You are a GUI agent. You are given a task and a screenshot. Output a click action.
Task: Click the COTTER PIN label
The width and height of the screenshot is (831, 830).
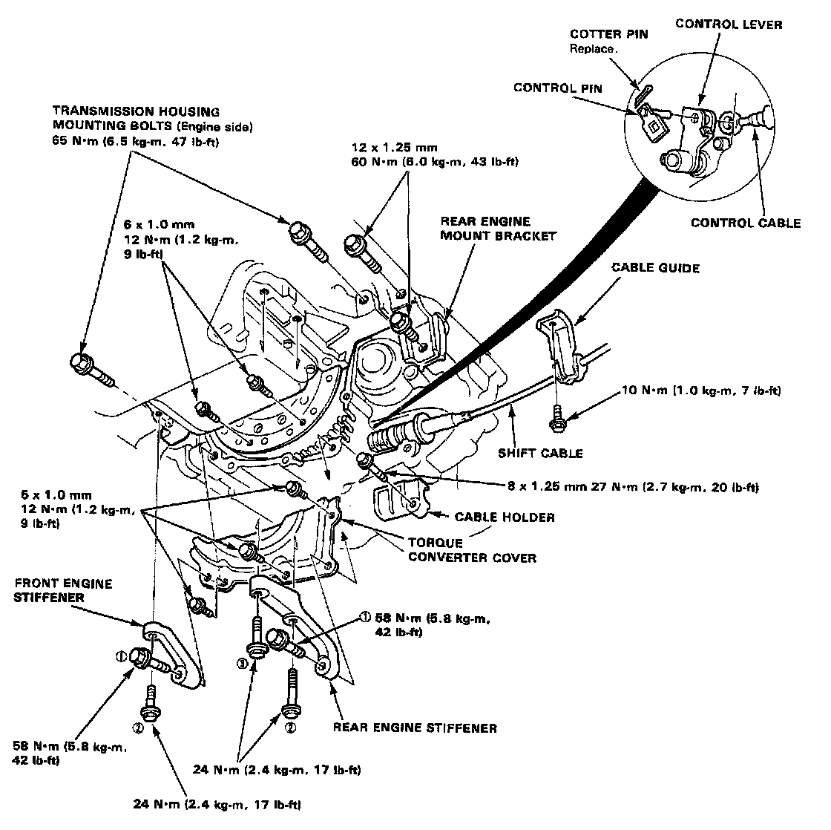click(x=600, y=36)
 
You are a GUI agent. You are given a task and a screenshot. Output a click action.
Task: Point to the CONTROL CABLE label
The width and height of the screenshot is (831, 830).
click(x=746, y=223)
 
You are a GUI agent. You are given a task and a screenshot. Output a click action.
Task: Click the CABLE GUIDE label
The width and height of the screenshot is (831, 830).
click(x=655, y=268)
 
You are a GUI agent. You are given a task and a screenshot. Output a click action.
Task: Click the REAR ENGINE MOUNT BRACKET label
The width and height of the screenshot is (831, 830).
click(x=487, y=229)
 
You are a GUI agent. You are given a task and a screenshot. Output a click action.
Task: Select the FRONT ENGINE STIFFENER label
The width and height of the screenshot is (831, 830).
click(x=63, y=590)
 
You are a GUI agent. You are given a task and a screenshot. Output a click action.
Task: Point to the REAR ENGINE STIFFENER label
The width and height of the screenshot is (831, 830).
click(x=415, y=728)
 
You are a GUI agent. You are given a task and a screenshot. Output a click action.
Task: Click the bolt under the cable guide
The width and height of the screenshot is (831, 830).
click(x=556, y=422)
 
